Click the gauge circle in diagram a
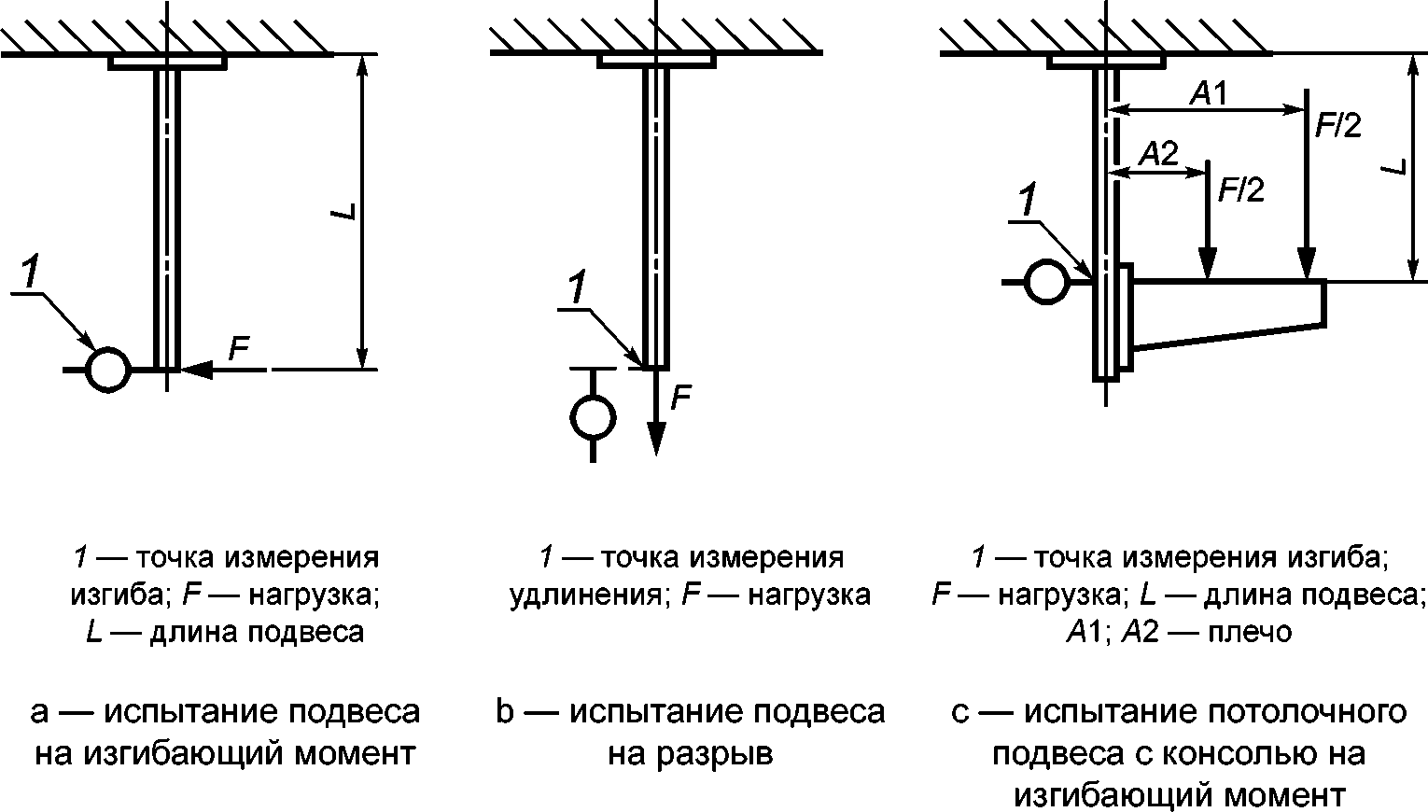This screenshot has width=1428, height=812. [107, 370]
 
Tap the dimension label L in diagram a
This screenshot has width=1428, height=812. [344, 212]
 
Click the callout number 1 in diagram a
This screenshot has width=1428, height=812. [29, 273]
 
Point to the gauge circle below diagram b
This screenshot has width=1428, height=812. [593, 417]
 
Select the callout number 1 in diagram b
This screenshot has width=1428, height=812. [576, 287]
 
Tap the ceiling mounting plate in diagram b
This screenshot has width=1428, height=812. [657, 62]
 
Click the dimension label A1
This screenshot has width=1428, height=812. [1209, 94]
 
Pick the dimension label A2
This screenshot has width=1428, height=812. [1158, 154]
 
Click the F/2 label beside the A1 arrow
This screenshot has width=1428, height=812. [1338, 126]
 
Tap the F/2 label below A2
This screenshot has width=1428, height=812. [1240, 189]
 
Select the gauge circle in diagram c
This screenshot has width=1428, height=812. [1047, 282]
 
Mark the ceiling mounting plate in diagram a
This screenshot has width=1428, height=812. [168, 63]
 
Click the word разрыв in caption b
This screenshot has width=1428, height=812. [691, 754]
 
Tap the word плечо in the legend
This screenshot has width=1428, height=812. [1250, 632]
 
